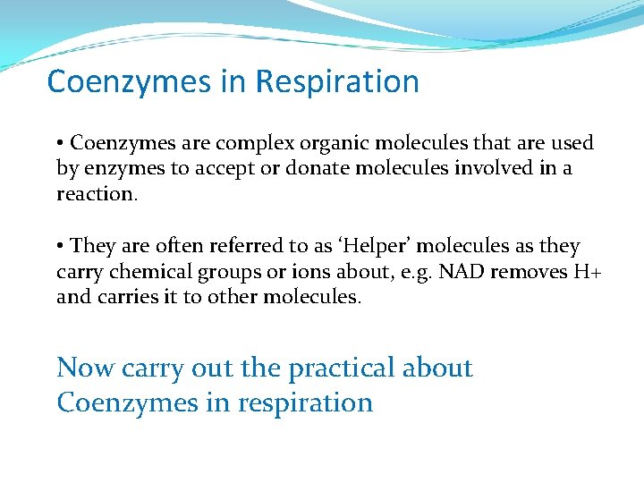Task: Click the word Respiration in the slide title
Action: pos(336,82)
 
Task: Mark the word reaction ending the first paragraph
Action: pos(97,194)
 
